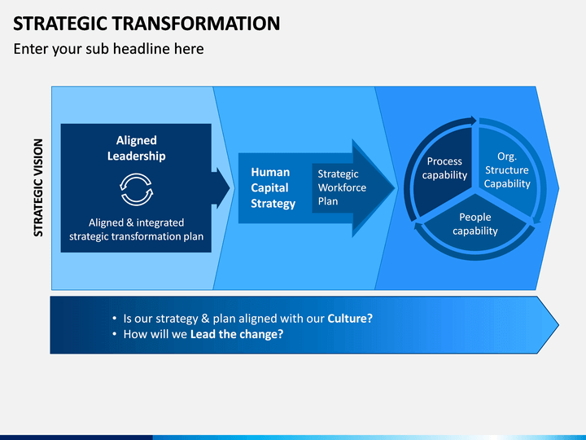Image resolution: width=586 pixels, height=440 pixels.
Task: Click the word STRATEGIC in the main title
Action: point(60,23)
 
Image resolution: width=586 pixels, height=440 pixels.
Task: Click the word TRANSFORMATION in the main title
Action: point(196,23)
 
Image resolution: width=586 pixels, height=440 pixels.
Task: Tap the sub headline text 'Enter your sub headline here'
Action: point(108,49)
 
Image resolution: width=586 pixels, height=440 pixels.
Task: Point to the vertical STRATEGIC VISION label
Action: point(38,188)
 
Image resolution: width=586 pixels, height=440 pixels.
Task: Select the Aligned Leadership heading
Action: point(137,148)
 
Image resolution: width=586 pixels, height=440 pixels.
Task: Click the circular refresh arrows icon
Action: point(137,189)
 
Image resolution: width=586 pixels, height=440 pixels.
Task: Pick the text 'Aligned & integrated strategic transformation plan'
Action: point(137,229)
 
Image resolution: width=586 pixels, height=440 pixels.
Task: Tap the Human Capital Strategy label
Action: point(273,188)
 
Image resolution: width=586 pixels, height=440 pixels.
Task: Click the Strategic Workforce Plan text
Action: point(342,187)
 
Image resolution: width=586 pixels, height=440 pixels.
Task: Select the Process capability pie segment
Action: point(444,170)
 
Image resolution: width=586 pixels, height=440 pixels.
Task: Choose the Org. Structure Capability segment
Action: point(507,169)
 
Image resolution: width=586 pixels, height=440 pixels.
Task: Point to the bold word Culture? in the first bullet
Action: point(350,319)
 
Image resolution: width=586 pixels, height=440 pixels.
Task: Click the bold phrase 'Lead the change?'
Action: point(237,334)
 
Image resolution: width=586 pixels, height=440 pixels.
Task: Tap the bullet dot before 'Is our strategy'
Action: point(115,319)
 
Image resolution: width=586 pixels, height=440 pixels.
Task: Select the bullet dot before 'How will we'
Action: point(115,334)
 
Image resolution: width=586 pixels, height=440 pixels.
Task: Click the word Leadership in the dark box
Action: point(137,156)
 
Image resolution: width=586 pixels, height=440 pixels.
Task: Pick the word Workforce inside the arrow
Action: point(342,187)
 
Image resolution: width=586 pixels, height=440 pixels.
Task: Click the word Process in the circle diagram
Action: point(444,161)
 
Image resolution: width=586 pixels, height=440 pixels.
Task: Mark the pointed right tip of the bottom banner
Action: point(558,325)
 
